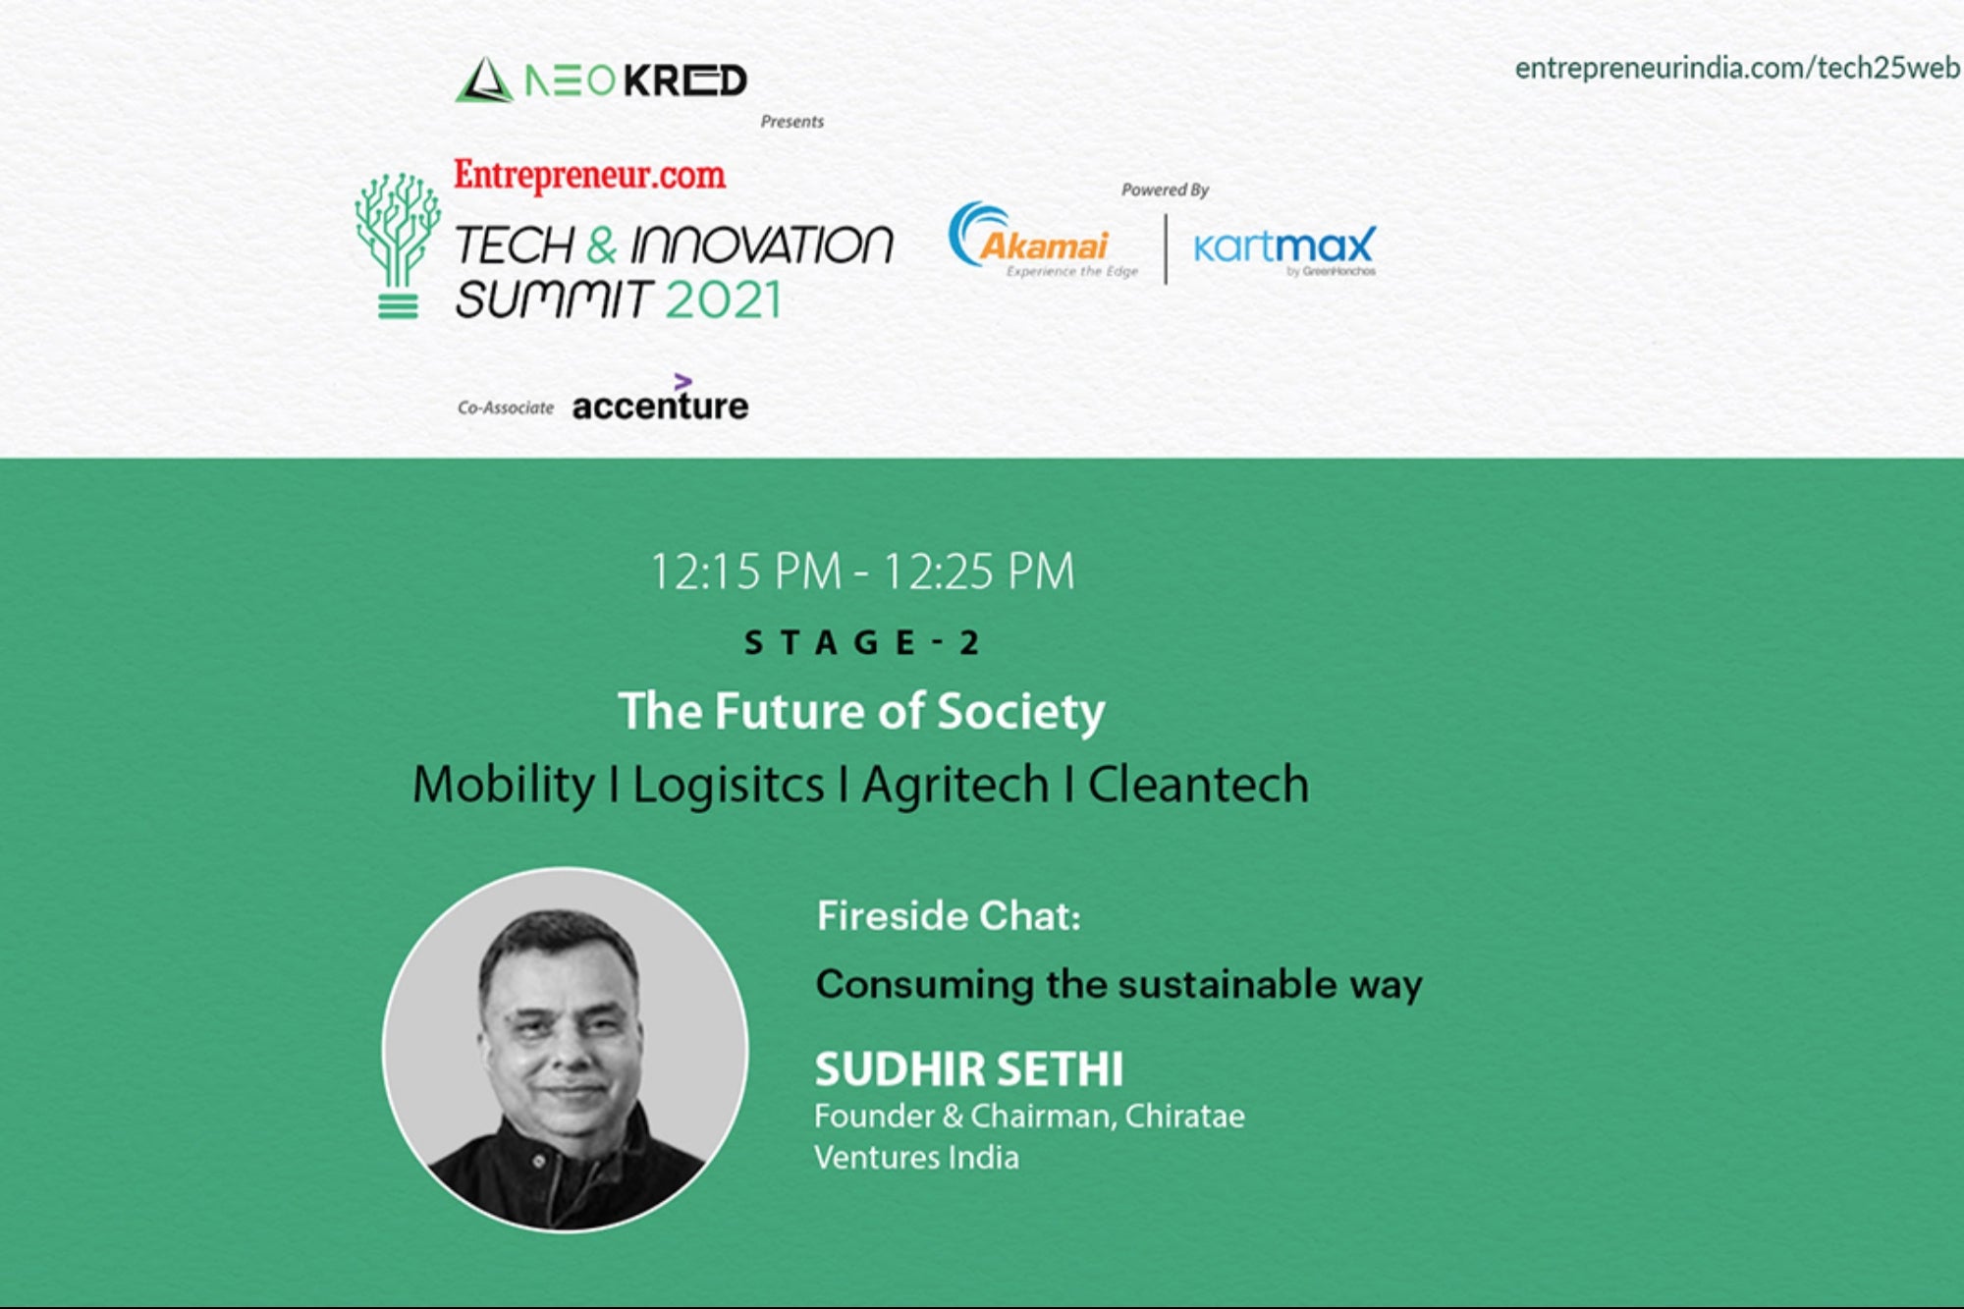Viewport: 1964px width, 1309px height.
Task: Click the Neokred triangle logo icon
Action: tap(483, 80)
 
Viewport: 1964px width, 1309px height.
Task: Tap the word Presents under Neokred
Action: tap(791, 122)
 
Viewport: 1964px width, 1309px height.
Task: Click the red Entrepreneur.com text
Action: tap(589, 175)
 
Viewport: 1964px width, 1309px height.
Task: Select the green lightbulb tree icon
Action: tap(398, 245)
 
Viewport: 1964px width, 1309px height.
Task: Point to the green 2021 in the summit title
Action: tap(723, 300)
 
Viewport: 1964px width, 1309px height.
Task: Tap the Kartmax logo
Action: tap(1284, 248)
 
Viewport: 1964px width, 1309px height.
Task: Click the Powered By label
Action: tap(1165, 190)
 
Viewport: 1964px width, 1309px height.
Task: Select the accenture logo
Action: tap(660, 399)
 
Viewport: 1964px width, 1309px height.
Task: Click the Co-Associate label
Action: tap(506, 408)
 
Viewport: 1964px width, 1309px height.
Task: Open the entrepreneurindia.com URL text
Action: tap(1737, 68)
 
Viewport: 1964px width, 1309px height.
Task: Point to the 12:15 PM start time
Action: tap(746, 572)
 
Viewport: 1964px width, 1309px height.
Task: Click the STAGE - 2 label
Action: tap(861, 642)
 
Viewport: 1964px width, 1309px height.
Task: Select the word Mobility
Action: tap(504, 785)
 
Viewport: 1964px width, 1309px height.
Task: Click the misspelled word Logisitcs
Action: tap(728, 785)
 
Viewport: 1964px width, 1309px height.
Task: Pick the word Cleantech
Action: tap(1198, 784)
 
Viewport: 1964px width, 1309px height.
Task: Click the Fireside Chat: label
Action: tap(949, 916)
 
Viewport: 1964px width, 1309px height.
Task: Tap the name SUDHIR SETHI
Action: tap(968, 1069)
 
